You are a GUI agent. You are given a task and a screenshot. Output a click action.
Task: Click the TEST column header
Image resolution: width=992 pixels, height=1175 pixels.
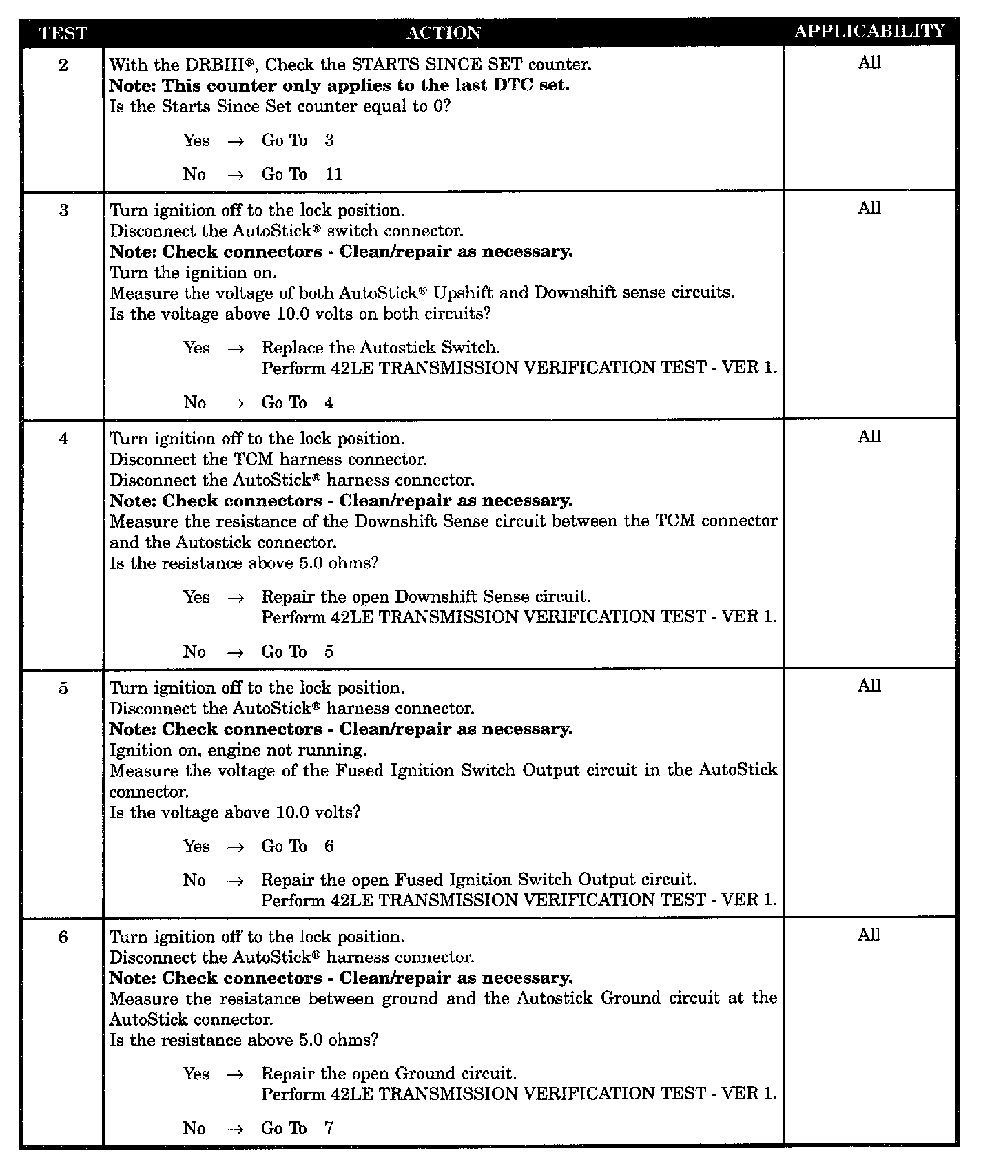63,32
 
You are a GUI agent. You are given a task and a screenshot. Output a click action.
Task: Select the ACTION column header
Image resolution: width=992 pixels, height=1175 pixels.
444,32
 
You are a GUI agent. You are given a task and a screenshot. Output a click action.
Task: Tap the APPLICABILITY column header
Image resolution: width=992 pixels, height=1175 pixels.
869,31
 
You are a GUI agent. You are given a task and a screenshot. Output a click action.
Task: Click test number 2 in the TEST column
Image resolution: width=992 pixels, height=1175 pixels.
63,65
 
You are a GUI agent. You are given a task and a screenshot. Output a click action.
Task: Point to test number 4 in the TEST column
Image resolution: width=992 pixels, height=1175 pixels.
63,439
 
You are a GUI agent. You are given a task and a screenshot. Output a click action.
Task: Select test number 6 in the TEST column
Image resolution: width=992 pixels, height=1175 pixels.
63,937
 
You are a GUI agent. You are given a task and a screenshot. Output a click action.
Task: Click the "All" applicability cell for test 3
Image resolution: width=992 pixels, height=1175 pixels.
869,209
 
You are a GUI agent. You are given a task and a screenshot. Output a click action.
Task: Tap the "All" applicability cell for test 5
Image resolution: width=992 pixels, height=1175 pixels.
869,686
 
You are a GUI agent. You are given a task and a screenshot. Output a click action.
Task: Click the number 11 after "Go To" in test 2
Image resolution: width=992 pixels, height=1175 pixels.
333,174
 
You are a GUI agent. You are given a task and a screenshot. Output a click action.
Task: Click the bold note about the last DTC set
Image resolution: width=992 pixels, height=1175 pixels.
340,85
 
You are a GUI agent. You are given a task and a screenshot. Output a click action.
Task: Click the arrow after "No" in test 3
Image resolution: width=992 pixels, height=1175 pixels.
236,403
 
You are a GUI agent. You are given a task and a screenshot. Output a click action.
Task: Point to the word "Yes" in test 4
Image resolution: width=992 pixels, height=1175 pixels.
196,596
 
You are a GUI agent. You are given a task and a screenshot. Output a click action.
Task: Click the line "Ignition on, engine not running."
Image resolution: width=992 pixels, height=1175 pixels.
238,749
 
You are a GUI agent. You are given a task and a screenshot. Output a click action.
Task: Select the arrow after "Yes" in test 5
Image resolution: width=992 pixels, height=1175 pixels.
236,846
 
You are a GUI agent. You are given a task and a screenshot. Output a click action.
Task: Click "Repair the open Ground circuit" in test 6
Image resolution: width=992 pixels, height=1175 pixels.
389,1073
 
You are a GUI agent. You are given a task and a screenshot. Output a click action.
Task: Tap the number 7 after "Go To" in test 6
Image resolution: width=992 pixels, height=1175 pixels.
329,1128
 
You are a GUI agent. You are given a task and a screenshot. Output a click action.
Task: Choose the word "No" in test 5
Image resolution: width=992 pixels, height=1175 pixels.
194,880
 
